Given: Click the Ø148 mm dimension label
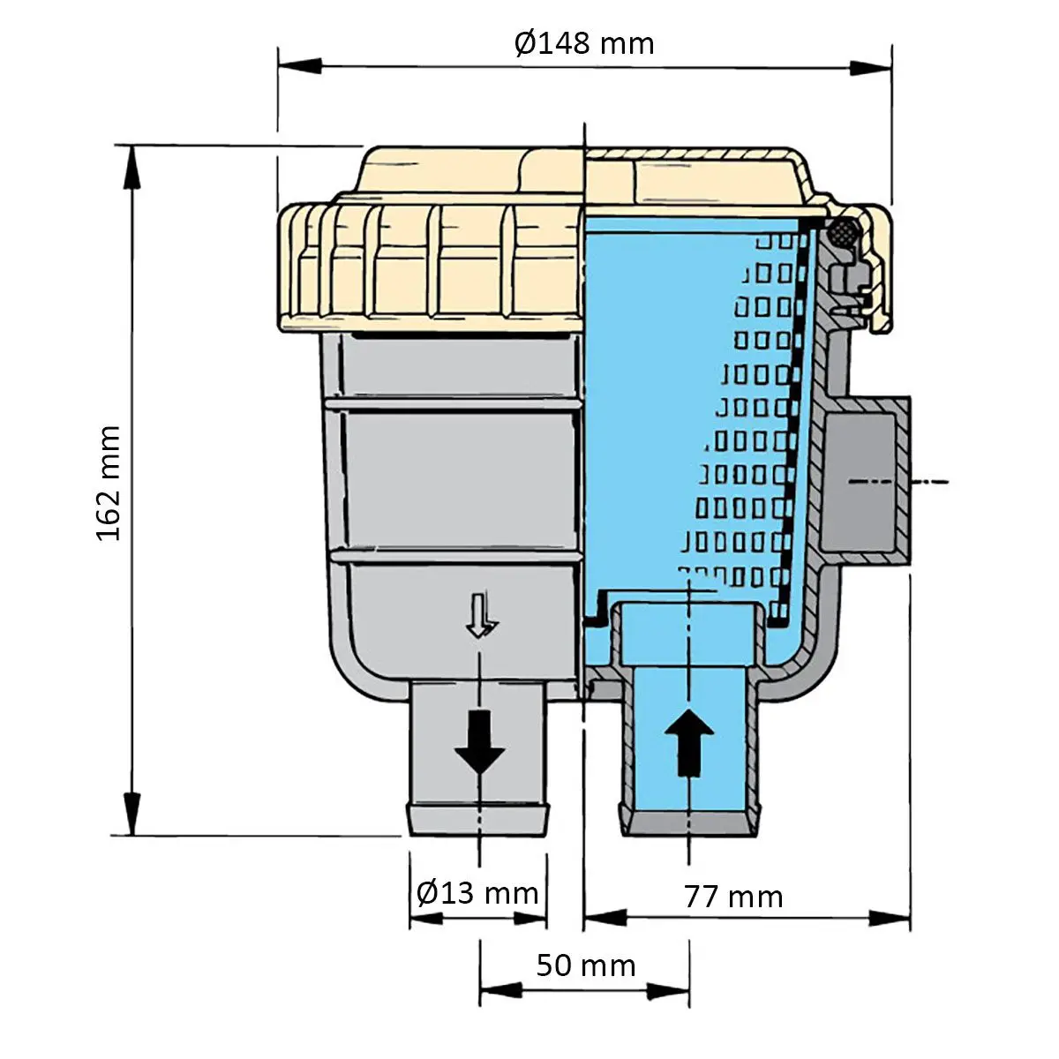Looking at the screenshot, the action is click(x=584, y=43).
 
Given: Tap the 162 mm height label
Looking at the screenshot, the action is click(x=108, y=483).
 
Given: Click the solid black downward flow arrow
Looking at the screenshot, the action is click(x=479, y=741).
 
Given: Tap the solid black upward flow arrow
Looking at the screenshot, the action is click(x=689, y=742).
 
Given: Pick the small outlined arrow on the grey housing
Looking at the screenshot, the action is click(x=482, y=615).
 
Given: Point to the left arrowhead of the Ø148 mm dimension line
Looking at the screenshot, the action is click(x=300, y=66).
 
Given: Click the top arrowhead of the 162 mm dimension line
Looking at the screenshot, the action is click(x=131, y=167).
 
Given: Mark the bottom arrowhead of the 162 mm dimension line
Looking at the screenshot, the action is click(x=131, y=814).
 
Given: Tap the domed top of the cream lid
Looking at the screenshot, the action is click(x=582, y=171).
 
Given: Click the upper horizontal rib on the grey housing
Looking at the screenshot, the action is click(x=454, y=404).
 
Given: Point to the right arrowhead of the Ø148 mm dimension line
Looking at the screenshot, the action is click(x=870, y=68).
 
